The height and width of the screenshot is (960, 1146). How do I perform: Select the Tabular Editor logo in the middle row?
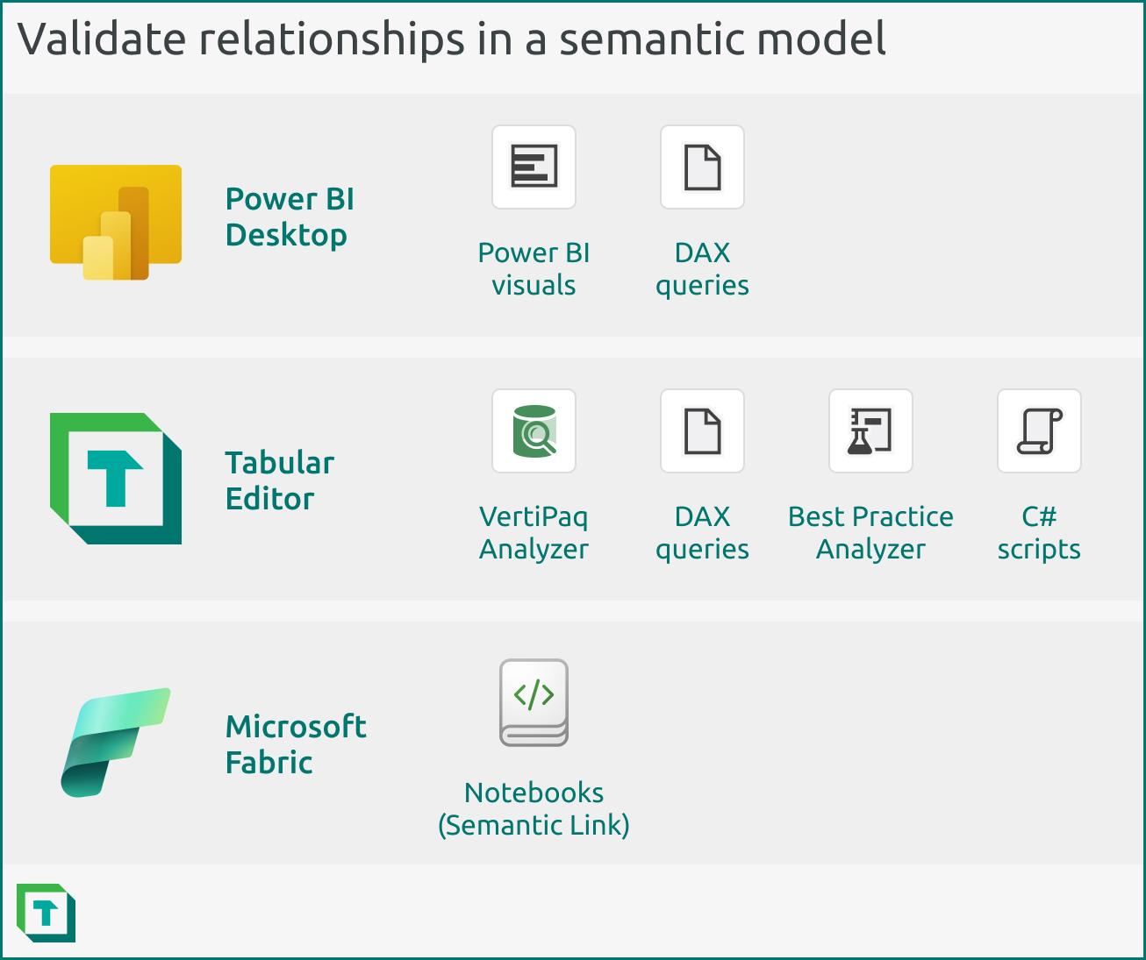pyautogui.click(x=116, y=479)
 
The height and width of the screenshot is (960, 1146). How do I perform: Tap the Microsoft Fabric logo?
pyautogui.click(x=116, y=742)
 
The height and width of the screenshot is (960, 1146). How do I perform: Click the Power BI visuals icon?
pyautogui.click(x=534, y=167)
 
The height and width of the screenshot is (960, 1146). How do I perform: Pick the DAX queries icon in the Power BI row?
pyautogui.click(x=702, y=167)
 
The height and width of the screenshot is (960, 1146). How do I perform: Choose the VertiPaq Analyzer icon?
pyautogui.click(x=534, y=431)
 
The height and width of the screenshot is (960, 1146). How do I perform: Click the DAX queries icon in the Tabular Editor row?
pyautogui.click(x=702, y=431)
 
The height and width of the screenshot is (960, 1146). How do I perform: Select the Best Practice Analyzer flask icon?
pyautogui.click(x=870, y=431)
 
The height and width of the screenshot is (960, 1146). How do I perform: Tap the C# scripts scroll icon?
pyautogui.click(x=1039, y=431)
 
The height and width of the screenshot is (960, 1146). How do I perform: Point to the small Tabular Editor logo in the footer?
pyautogui.click(x=46, y=913)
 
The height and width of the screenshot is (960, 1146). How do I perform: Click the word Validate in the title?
pyautogui.click(x=102, y=39)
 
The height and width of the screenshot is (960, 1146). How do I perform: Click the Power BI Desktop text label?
pyautogui.click(x=290, y=217)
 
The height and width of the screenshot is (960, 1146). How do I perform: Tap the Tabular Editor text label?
pyautogui.click(x=279, y=480)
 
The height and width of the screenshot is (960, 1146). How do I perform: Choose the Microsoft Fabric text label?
pyautogui.click(x=296, y=744)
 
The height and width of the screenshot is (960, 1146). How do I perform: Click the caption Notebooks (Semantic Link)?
pyautogui.click(x=534, y=808)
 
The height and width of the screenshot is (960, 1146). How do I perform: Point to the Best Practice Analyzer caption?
pyautogui.click(x=870, y=532)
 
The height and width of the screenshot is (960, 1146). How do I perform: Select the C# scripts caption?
pyautogui.click(x=1039, y=532)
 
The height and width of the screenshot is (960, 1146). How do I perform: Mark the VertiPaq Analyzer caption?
pyautogui.click(x=534, y=532)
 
